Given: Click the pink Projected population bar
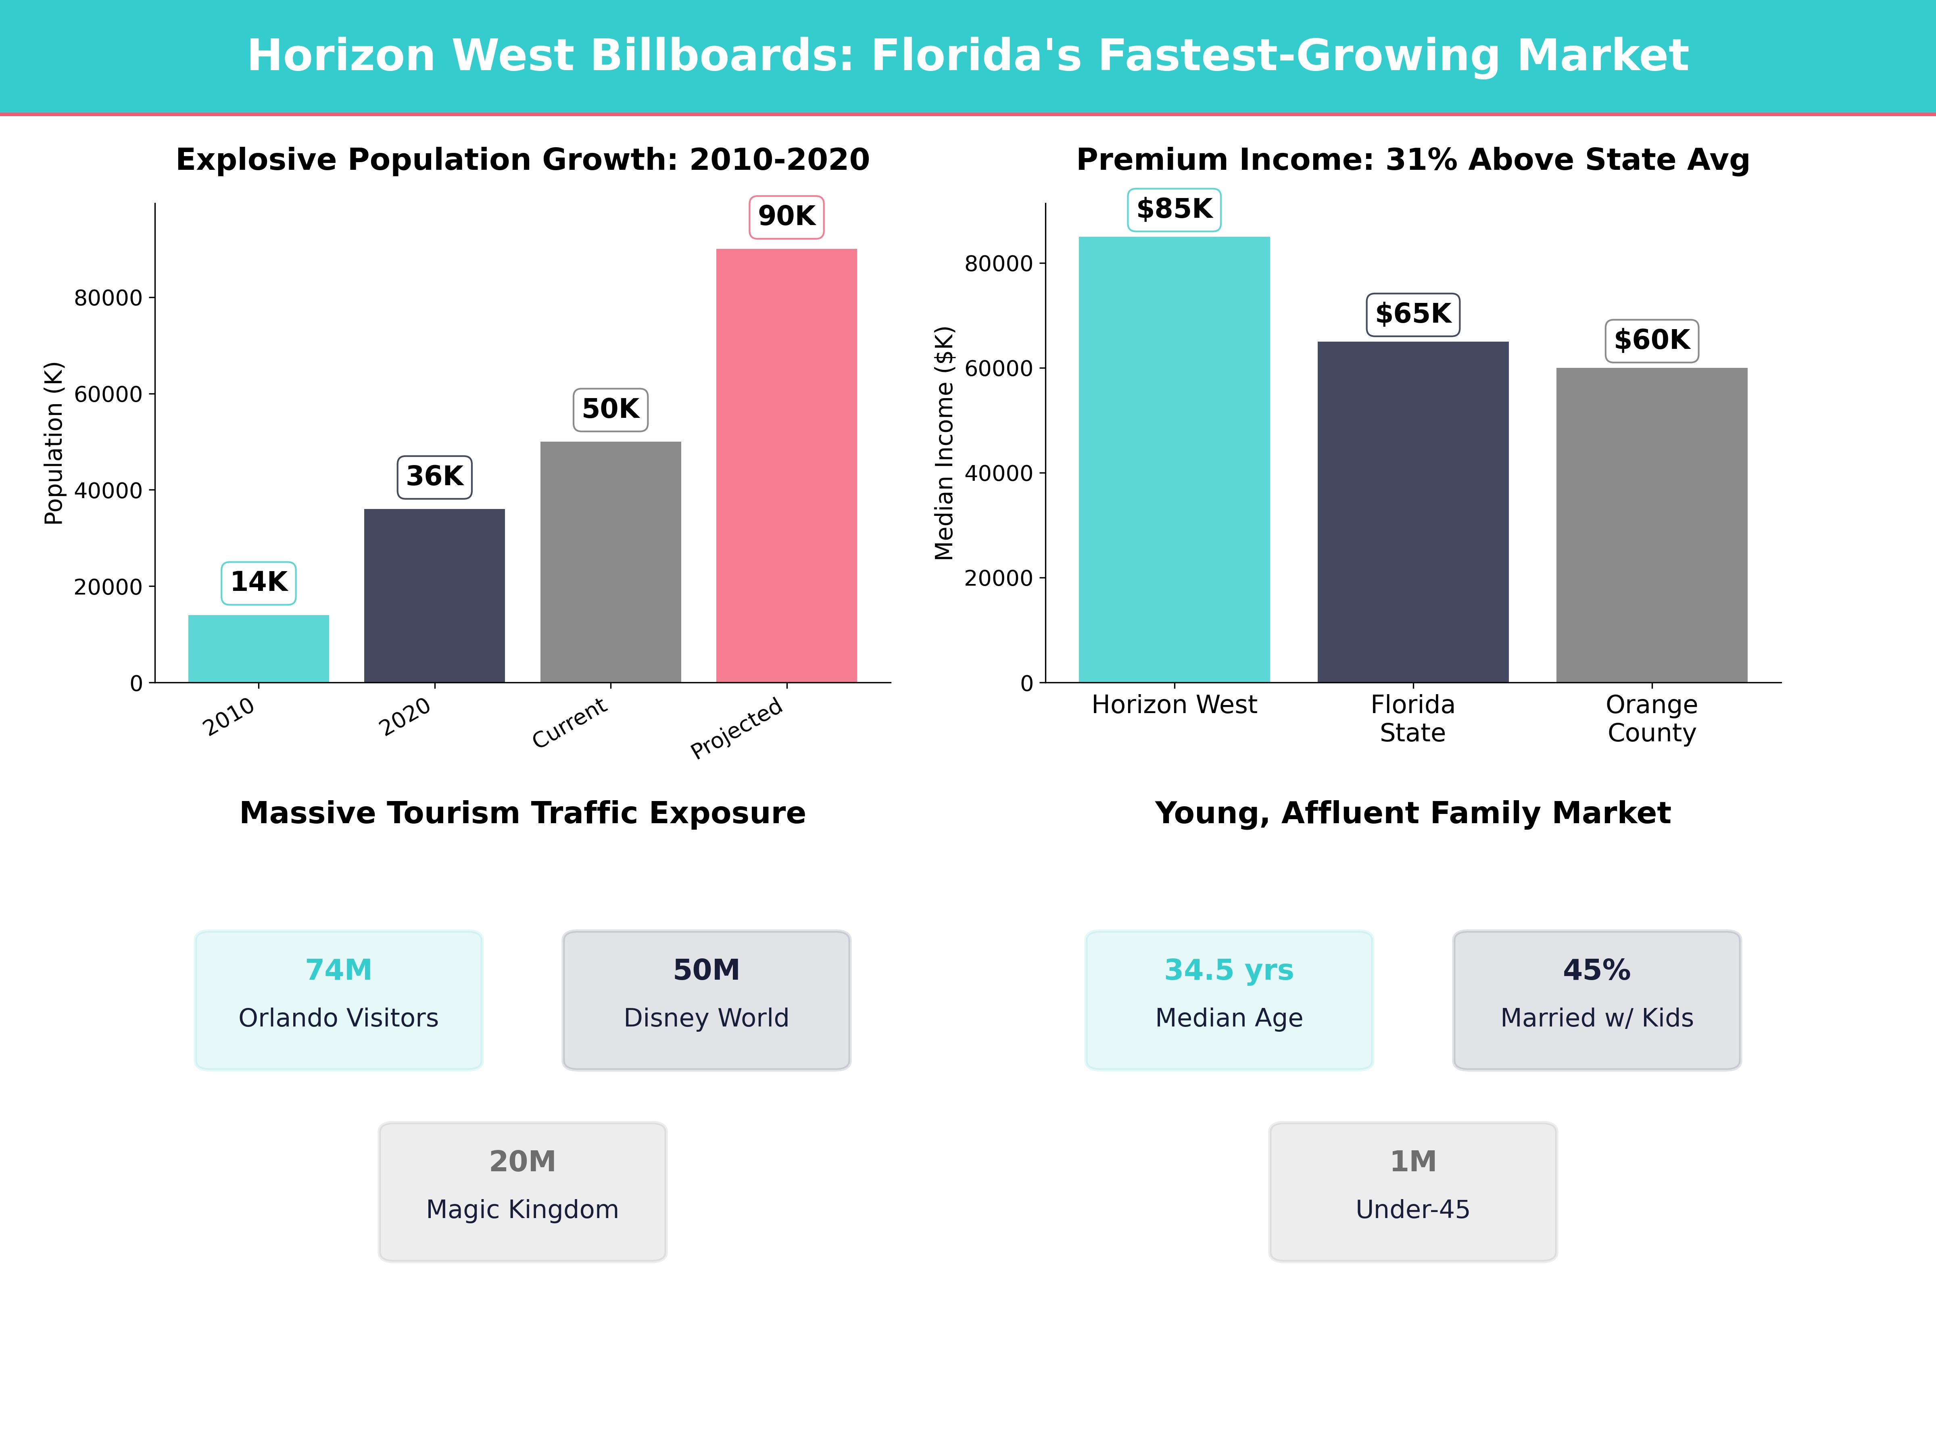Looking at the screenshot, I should click(786, 465).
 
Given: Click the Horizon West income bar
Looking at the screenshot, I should click(1174, 459).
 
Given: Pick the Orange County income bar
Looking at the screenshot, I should click(1652, 525).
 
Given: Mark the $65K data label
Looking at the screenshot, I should click(1412, 314).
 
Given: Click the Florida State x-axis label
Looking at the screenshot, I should click(1412, 719).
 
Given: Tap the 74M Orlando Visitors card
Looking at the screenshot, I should click(339, 999).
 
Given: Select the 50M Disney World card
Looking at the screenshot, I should click(706, 999).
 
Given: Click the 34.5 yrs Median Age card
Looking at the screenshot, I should click(1229, 999).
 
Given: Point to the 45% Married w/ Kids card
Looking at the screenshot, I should click(1596, 999).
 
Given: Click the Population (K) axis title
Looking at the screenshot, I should click(54, 443).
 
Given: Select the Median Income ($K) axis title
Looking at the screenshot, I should click(944, 443).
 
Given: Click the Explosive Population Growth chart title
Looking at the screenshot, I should click(522, 160).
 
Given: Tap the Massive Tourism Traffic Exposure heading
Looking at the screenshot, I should click(522, 813).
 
